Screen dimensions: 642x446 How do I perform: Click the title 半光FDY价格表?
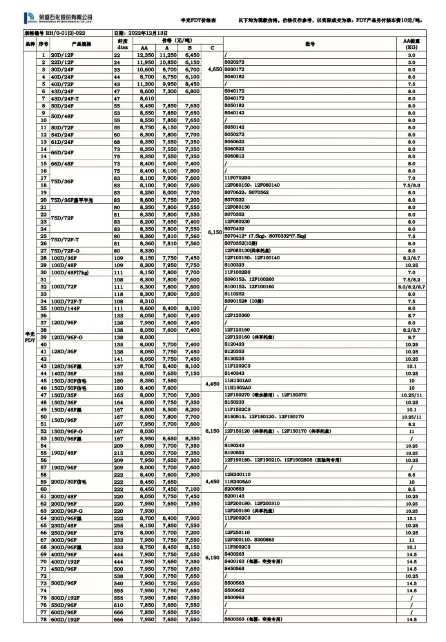[198, 20]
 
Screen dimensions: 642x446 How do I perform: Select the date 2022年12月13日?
[147, 33]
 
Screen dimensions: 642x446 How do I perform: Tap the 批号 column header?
[310, 44]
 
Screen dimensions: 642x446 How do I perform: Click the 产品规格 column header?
[81, 44]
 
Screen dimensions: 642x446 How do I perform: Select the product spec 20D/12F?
[62, 55]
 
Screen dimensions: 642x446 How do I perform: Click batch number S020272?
[234, 62]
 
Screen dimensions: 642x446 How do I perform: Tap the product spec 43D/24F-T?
[65, 99]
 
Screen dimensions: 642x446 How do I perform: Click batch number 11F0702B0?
[237, 178]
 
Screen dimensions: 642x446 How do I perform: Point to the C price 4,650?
[215, 69]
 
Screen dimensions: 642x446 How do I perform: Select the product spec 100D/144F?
[65, 309]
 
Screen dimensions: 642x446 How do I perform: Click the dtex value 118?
[119, 294]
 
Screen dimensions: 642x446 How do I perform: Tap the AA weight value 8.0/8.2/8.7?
[411, 287]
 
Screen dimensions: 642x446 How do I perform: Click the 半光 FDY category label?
[30, 337]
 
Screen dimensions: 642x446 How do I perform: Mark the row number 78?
[43, 620]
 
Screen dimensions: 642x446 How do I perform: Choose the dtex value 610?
[119, 605]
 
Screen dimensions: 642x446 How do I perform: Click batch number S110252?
[234, 294]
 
